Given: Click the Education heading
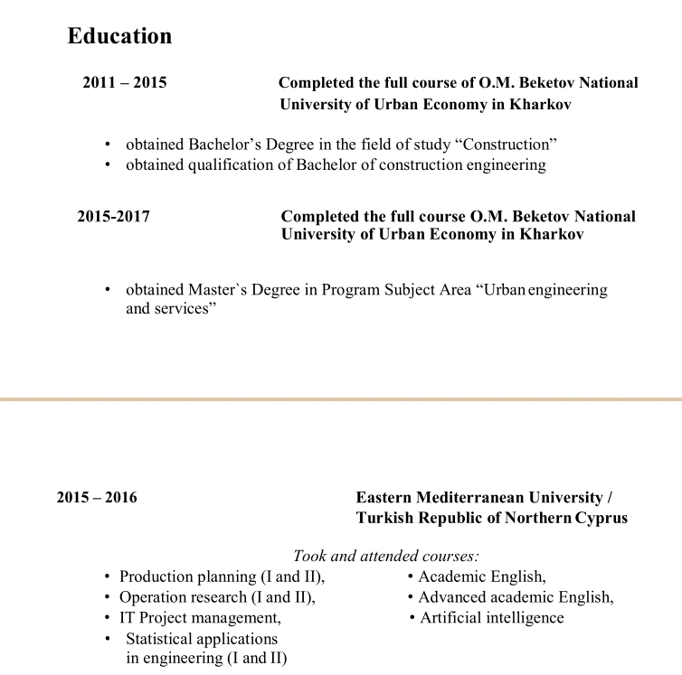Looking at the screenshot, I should tap(119, 36).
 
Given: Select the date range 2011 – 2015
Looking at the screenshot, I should tap(125, 83).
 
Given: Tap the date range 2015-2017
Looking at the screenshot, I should tap(113, 217).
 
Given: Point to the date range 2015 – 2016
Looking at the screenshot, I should tap(97, 498).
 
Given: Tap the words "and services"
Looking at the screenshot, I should tap(172, 308).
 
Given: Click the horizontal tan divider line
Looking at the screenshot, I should tap(341, 398).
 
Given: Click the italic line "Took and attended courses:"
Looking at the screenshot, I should tap(385, 557).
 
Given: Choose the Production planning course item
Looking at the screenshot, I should tap(221, 577).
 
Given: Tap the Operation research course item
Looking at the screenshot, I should tap(216, 597).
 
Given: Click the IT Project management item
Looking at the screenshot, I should tap(200, 618).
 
